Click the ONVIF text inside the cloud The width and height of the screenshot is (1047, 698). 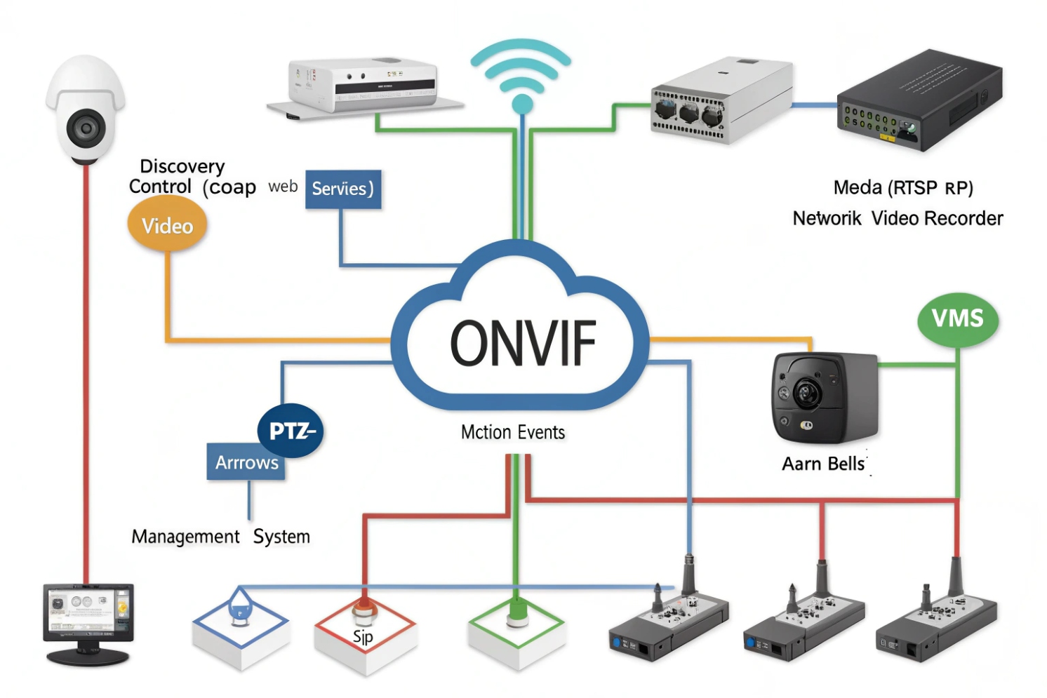(523, 343)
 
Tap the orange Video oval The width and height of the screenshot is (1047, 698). (167, 226)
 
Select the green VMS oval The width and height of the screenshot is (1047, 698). (958, 319)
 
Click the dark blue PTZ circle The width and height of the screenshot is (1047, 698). (290, 431)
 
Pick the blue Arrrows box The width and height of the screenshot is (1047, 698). (246, 463)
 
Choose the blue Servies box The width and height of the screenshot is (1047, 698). (343, 189)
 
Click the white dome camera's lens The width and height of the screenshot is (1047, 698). (86, 128)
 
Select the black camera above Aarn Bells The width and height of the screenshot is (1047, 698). (824, 397)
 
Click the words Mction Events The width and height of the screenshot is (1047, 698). (513, 432)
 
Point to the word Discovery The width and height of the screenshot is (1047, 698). (182, 166)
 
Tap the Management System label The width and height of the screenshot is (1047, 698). (220, 537)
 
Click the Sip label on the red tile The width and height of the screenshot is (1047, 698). (363, 637)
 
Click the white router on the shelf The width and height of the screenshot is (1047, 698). (364, 85)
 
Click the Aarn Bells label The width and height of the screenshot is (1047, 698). (824, 464)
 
